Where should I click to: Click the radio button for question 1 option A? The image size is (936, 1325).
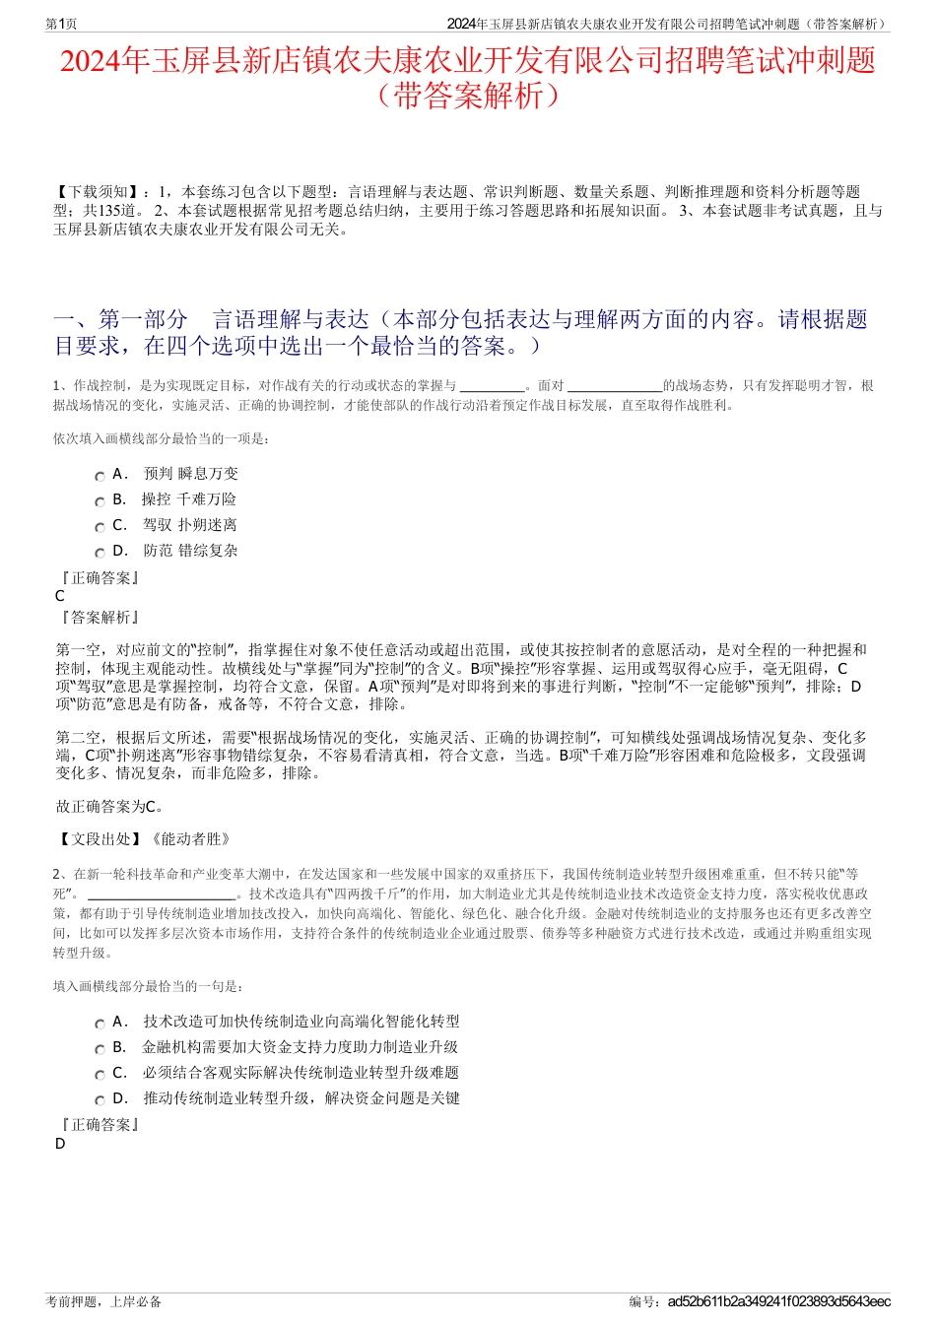pyautogui.click(x=100, y=476)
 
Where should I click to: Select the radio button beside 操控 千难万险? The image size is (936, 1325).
pyautogui.click(x=100, y=501)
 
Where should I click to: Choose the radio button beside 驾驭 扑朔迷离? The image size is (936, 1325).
pyautogui.click(x=100, y=527)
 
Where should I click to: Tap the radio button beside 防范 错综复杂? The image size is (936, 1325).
pyautogui.click(x=100, y=553)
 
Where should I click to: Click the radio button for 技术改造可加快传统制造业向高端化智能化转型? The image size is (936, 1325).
pyautogui.click(x=100, y=1024)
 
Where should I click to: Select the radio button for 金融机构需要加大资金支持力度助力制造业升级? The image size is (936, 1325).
pyautogui.click(x=100, y=1049)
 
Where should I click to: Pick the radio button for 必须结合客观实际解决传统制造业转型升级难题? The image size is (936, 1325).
pyautogui.click(x=100, y=1075)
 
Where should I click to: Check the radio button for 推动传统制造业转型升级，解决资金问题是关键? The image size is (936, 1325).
pyautogui.click(x=100, y=1100)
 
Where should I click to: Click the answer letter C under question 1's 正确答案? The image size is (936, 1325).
pyautogui.click(x=60, y=596)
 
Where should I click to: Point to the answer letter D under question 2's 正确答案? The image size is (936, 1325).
pyautogui.click(x=60, y=1144)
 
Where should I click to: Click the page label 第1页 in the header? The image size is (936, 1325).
pyautogui.click(x=61, y=24)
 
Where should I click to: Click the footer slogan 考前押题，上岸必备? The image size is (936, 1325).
pyautogui.click(x=103, y=1301)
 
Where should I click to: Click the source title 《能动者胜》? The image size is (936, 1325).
pyautogui.click(x=190, y=839)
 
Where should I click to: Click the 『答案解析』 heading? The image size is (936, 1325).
pyautogui.click(x=100, y=618)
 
